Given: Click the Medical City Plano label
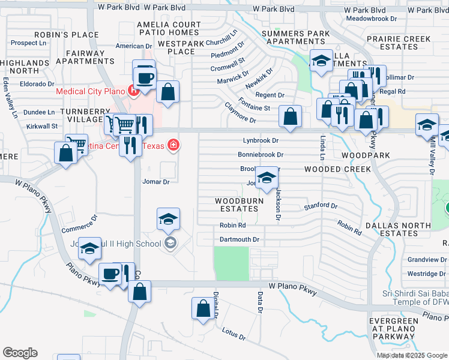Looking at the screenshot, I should coord(90,92).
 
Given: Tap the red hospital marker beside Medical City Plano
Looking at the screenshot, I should coord(133,92).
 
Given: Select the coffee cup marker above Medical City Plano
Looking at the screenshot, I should coord(146,77).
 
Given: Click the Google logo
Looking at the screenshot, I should coord(20,353).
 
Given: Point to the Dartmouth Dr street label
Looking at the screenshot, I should coord(239,239).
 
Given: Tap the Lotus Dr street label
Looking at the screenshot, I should coord(234,334).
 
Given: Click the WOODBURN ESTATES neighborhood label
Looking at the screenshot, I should coord(237,205).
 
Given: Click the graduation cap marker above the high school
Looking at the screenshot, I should coord(169,220).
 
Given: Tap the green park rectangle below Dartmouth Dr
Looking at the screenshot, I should coord(231,263).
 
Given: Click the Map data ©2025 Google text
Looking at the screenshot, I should coord(411,355).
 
